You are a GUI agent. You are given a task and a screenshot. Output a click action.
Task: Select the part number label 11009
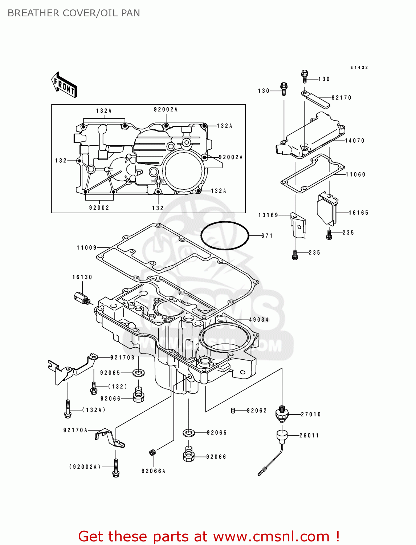tap(86, 248)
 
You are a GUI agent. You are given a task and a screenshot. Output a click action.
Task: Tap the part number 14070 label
tap(354, 141)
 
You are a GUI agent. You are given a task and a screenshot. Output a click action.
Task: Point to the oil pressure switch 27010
tap(282, 413)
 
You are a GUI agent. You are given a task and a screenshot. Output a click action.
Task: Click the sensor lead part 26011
tap(281, 436)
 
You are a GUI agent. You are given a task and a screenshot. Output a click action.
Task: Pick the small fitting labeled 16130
tap(81, 298)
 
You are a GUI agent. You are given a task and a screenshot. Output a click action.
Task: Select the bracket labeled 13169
tap(298, 226)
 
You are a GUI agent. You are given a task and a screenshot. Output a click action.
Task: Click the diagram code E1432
tap(359, 68)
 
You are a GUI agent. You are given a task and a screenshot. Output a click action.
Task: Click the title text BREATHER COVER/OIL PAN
tap(74, 13)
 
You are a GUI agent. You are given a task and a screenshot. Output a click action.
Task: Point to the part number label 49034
tap(258, 320)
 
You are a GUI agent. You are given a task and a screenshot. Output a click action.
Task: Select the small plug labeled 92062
tap(233, 411)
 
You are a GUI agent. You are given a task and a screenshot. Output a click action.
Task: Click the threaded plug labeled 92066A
tap(152, 452)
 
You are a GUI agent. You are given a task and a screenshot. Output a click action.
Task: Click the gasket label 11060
tap(355, 174)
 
